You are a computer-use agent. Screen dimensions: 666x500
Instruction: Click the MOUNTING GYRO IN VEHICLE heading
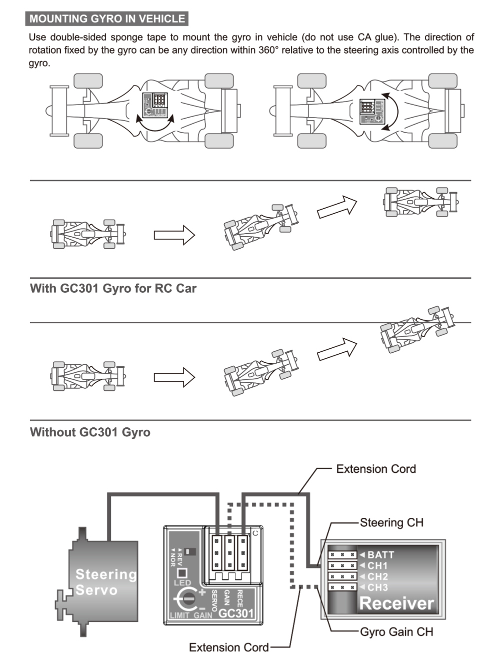click(x=107, y=19)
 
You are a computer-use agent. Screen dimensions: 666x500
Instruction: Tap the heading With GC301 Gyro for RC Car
click(x=113, y=289)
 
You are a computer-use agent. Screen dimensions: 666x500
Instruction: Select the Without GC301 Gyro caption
click(x=90, y=432)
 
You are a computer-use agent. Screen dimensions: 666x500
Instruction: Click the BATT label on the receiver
click(x=380, y=555)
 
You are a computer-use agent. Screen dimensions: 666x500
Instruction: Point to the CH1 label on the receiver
click(x=377, y=566)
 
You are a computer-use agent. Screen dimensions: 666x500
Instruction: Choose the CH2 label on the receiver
click(x=377, y=577)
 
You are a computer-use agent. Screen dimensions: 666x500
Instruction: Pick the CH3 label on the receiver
click(x=377, y=588)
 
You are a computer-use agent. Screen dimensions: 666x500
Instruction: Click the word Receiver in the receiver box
click(x=396, y=604)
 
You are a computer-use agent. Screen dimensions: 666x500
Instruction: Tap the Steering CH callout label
click(x=391, y=523)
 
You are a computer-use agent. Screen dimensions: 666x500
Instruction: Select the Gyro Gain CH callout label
click(x=396, y=632)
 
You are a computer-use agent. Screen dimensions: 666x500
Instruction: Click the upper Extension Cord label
click(x=376, y=469)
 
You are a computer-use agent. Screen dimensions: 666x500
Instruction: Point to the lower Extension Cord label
click(x=228, y=647)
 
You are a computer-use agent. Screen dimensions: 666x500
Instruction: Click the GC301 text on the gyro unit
click(x=236, y=613)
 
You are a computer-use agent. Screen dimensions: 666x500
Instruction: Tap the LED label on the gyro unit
click(x=182, y=583)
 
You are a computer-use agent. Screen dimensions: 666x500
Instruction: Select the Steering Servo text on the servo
click(x=105, y=582)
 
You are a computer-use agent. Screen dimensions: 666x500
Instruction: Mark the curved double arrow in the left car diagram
click(x=155, y=123)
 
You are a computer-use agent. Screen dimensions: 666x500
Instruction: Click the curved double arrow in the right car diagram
click(x=390, y=111)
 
